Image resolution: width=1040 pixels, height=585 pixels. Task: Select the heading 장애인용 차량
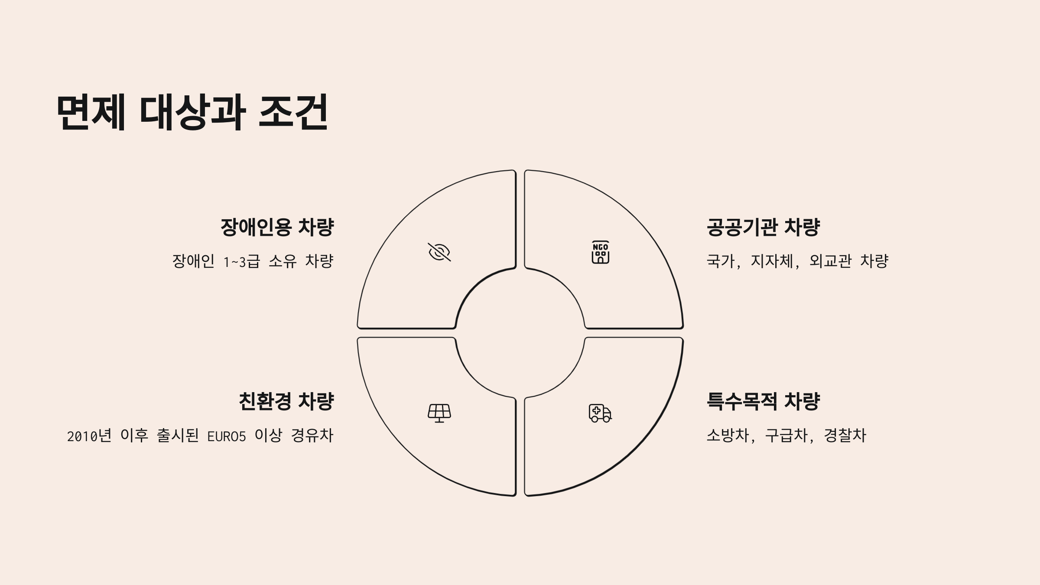click(277, 227)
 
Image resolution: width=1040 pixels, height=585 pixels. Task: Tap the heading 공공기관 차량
click(763, 227)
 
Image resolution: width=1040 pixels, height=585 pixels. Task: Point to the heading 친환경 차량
click(286, 401)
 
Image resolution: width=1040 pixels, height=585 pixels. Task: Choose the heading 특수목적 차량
click(763, 401)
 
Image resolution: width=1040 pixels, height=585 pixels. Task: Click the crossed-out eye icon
click(439, 252)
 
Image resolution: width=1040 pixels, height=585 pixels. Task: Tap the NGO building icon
click(601, 252)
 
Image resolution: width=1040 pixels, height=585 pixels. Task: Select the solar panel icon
click(439, 413)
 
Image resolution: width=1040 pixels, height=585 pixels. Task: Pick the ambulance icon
click(600, 413)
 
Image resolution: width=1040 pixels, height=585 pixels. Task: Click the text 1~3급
click(241, 261)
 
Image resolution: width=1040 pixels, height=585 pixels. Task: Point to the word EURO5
click(227, 436)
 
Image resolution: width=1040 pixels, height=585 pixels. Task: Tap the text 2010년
click(89, 436)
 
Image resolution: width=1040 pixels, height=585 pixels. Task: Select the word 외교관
click(830, 261)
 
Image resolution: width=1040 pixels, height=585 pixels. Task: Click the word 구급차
click(786, 435)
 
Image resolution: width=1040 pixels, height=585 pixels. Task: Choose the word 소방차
click(728, 435)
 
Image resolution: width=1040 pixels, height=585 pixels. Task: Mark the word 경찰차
click(845, 435)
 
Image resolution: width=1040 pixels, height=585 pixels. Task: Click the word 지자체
click(772, 261)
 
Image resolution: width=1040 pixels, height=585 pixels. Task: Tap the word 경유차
click(312, 435)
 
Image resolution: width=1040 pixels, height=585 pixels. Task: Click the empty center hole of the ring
click(520, 333)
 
